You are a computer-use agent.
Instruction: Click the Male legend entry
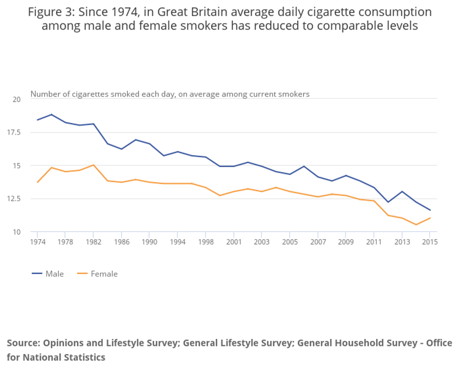pyautogui.click(x=48, y=274)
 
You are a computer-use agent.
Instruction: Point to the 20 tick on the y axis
pyautogui.click(x=17, y=99)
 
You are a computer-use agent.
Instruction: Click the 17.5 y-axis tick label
pyautogui.click(x=15, y=133)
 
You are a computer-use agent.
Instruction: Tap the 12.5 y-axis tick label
pyautogui.click(x=15, y=199)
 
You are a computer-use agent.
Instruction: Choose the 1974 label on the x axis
pyautogui.click(x=38, y=242)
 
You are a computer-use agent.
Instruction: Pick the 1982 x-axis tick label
pyautogui.click(x=94, y=242)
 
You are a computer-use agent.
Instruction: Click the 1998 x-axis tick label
pyautogui.click(x=206, y=242)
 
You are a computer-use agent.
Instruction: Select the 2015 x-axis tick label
pyautogui.click(x=429, y=242)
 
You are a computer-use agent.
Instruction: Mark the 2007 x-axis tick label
pyautogui.click(x=318, y=242)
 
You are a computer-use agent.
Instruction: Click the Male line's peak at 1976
pyautogui.click(x=52, y=114)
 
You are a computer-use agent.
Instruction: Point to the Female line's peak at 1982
pyautogui.click(x=94, y=165)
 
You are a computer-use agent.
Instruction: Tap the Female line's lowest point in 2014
pyautogui.click(x=416, y=225)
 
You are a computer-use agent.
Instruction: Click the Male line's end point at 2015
pyautogui.click(x=430, y=210)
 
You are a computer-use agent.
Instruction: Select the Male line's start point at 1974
pyautogui.click(x=38, y=120)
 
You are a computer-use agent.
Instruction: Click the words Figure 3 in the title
pyautogui.click(x=48, y=12)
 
